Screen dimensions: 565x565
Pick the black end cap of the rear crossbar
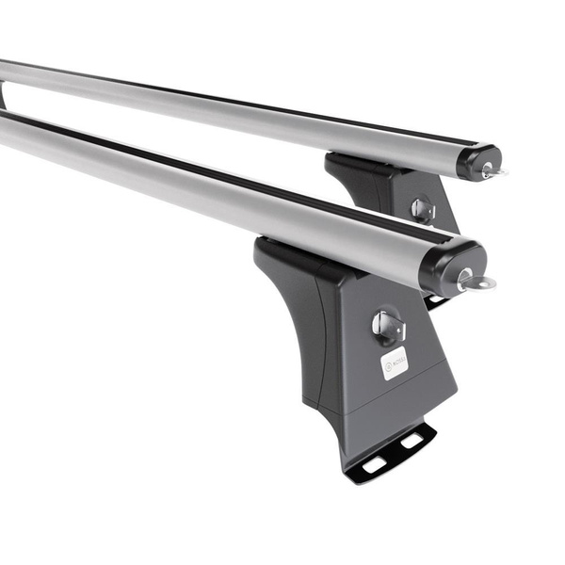[x=477, y=160]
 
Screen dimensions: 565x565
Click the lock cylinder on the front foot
[x=386, y=326]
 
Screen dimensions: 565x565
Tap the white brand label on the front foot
[x=394, y=363]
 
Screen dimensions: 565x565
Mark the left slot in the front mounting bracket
[x=375, y=463]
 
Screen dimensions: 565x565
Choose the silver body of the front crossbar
[x=235, y=188]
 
